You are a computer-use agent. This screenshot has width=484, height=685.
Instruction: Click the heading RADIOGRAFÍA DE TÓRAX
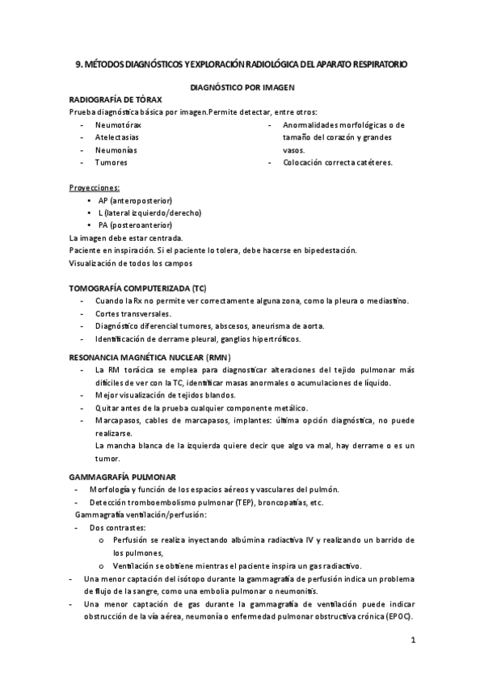tap(116, 99)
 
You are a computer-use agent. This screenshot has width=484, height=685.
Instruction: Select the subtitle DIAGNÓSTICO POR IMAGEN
tap(242, 85)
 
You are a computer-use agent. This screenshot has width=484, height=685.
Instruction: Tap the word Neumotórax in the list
tap(118, 125)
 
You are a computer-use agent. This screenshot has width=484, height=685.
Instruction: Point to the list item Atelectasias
tap(116, 137)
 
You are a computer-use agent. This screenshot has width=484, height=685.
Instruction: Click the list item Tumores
tap(111, 162)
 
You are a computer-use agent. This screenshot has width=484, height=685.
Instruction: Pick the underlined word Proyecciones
tap(95, 187)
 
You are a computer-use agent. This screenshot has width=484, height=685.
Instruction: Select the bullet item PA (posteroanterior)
tap(137, 225)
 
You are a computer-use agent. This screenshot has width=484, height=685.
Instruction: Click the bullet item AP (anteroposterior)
tap(136, 200)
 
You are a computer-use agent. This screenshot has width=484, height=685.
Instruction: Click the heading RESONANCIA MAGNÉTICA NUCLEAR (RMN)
tap(149, 356)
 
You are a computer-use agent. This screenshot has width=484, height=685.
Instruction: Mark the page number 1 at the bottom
tap(412, 641)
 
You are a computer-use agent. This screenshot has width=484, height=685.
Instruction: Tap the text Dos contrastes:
tap(124, 527)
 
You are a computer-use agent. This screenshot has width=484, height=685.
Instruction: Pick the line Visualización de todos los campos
tap(131, 263)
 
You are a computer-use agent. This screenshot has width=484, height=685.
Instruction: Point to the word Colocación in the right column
tap(304, 162)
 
